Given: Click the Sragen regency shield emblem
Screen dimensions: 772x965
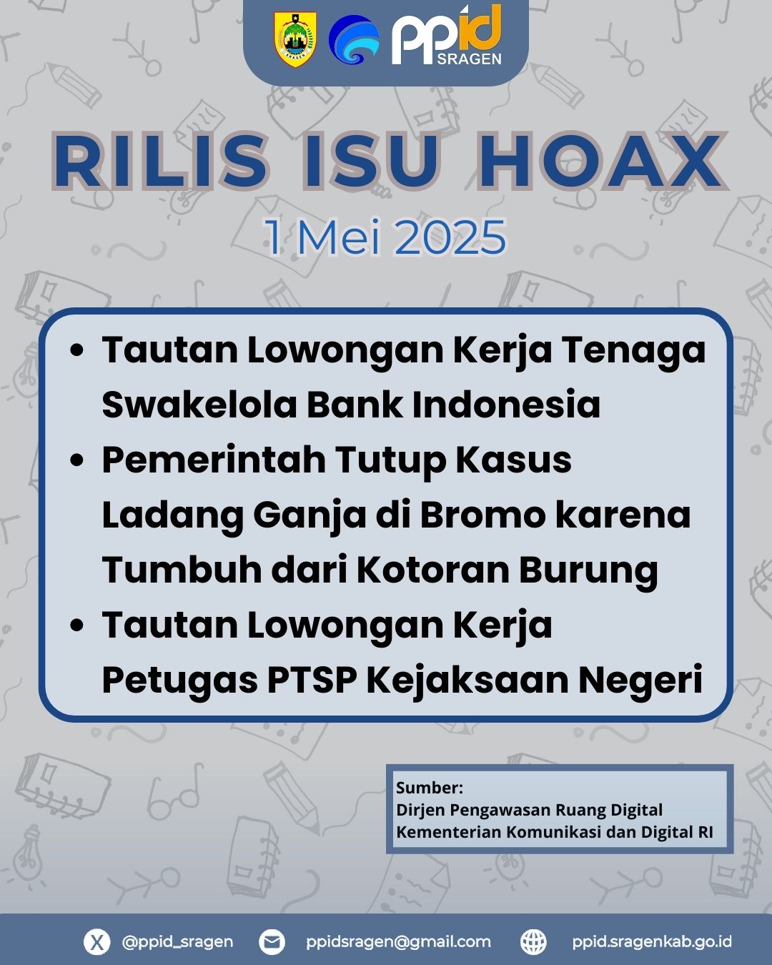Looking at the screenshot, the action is point(295,40).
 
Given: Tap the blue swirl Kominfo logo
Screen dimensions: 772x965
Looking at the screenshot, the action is point(355,39).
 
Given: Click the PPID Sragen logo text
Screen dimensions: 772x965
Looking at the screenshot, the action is point(447,36).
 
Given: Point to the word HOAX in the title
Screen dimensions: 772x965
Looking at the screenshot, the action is point(600,161).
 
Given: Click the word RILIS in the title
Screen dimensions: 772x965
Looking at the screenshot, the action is point(161,161).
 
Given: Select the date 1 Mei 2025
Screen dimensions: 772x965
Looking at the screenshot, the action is point(386,237).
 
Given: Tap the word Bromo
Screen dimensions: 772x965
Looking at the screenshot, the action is point(482,515).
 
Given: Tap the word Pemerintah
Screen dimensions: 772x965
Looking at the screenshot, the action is point(214,460).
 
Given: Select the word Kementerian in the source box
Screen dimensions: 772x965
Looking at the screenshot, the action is point(449,832).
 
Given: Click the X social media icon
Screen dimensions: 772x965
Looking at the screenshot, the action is point(97,941).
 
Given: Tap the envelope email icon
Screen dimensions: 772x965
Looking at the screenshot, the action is point(272,941).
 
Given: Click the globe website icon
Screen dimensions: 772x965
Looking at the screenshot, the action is point(533,941).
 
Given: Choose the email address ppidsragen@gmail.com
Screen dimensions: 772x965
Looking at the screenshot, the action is point(398,942).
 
